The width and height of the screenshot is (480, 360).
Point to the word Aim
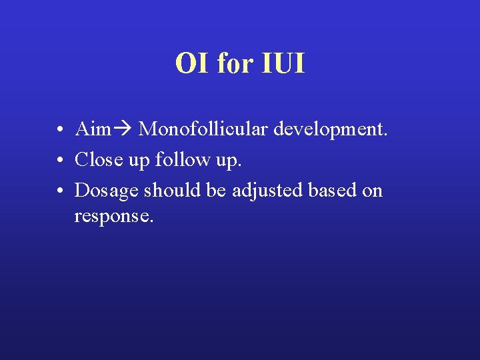tap(92, 128)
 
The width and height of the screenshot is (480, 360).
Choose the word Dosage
tap(107, 191)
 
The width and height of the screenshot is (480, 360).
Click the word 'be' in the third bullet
tap(216, 190)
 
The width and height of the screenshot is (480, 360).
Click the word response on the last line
tap(114, 217)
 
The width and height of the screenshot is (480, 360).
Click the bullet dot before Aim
tap(60, 129)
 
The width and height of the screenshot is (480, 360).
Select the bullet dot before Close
tap(60, 160)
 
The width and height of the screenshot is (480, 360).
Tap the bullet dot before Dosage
tap(60, 191)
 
